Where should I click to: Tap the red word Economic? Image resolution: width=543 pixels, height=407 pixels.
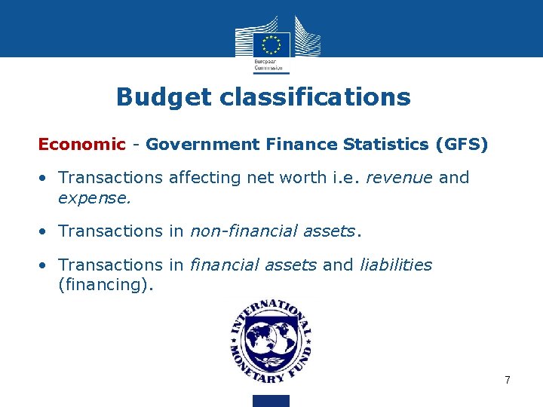point(81,144)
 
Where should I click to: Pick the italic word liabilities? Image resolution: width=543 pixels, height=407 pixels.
point(395,265)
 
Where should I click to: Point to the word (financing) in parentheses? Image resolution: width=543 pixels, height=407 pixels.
point(105,285)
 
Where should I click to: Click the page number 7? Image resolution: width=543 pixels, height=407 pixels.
point(508,380)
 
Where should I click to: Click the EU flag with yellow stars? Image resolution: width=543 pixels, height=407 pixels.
point(271,43)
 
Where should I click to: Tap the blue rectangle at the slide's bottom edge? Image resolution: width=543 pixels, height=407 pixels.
point(271,400)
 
